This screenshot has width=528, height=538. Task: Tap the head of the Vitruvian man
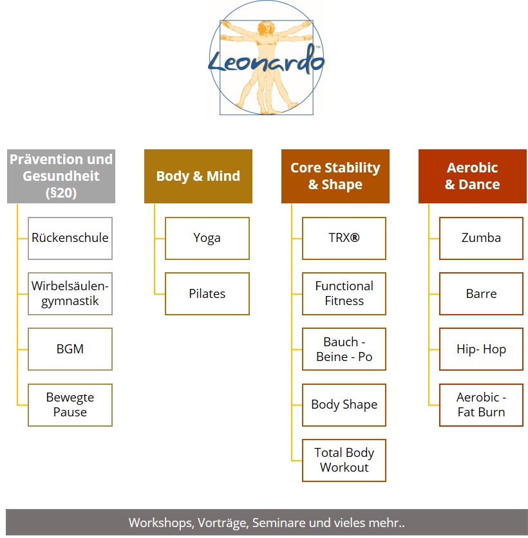tap(265, 28)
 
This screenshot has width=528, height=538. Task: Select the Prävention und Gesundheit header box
tap(61, 176)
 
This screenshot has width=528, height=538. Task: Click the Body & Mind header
tap(198, 176)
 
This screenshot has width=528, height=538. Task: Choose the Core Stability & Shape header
tap(335, 176)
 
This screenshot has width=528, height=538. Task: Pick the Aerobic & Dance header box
tap(473, 176)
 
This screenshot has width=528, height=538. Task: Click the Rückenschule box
tap(70, 238)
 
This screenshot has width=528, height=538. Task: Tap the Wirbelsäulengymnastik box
tap(70, 293)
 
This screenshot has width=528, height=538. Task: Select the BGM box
tap(70, 349)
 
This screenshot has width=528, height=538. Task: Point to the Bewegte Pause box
tap(70, 405)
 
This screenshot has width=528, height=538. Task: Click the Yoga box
tap(207, 238)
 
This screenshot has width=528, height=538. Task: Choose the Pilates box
tap(207, 293)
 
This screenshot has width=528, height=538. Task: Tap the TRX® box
tap(344, 238)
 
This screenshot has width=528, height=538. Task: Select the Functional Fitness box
tap(344, 293)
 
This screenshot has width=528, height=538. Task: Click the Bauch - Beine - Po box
tap(344, 349)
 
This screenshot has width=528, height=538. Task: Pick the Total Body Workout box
tap(344, 461)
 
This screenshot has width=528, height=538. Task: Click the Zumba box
tap(481, 238)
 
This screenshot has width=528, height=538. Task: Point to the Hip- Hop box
tap(481, 349)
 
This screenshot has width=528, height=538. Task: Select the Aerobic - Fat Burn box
tap(481, 405)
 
